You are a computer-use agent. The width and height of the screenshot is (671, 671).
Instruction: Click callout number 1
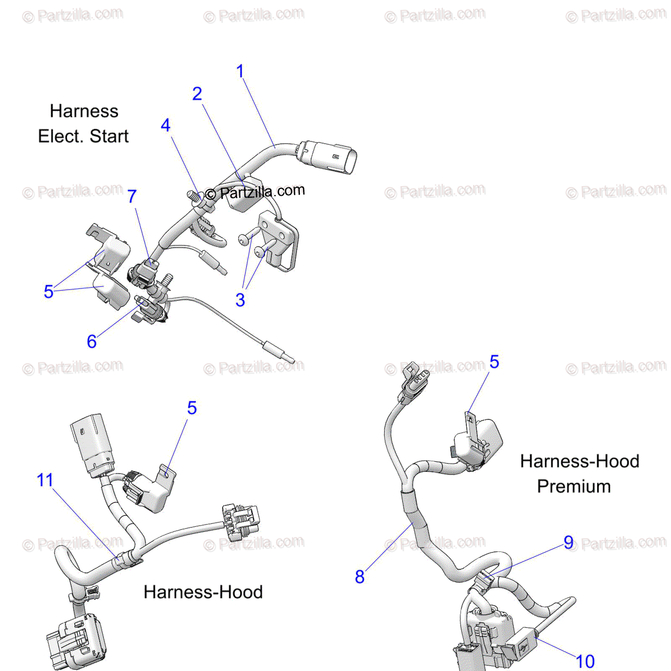pos(240,72)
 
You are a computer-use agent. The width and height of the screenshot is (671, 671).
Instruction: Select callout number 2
pos(197,94)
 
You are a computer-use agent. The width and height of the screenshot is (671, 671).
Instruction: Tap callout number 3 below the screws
pos(240,300)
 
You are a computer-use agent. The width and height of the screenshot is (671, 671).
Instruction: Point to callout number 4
pos(166,125)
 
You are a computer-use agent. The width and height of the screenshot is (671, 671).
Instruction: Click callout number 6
pos(92,341)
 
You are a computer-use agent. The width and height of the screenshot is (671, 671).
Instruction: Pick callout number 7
pos(132,196)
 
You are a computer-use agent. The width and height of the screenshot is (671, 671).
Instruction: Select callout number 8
pos(360,577)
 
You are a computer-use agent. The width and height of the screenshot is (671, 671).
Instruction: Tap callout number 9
pos(568,542)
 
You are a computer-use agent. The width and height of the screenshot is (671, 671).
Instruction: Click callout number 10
pos(585,661)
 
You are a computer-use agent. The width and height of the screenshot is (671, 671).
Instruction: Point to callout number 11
pos(45,480)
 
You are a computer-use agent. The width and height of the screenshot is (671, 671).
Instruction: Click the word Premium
pos(574,486)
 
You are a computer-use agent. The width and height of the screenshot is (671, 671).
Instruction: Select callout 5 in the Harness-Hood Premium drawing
pos(494,362)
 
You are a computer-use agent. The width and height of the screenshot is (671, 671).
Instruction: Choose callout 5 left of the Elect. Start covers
pos(49,291)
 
